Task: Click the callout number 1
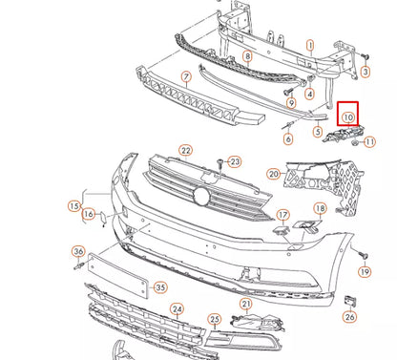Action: (309, 45)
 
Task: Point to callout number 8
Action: (247, 57)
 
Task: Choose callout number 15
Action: (73, 205)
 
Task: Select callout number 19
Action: (364, 272)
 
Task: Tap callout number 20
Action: (273, 174)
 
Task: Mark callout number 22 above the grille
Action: (185, 150)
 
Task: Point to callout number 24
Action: (176, 309)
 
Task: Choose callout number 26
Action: (350, 317)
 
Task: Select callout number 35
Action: (160, 286)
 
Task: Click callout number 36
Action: (78, 252)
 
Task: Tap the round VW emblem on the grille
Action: (202, 196)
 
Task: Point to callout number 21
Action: (246, 304)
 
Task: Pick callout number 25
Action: (215, 319)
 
